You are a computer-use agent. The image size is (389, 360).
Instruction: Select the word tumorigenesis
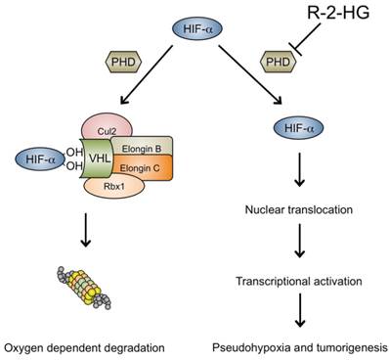pyautogui.click(x=340, y=344)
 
